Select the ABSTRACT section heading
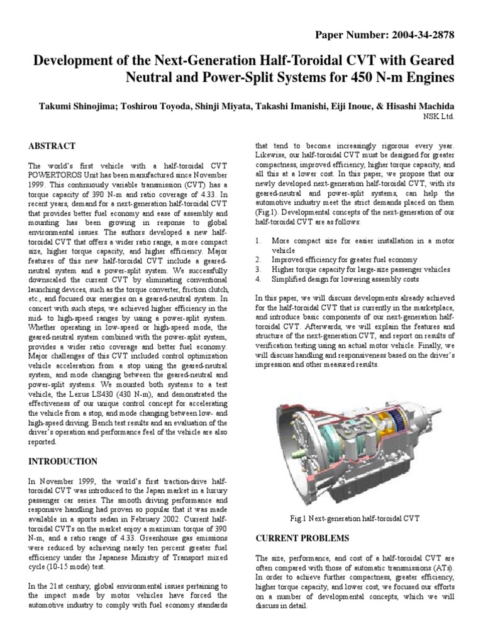[x=53, y=146]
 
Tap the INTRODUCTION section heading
[x=64, y=461]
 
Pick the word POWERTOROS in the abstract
[x=54, y=177]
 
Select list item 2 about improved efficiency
[x=344, y=259]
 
